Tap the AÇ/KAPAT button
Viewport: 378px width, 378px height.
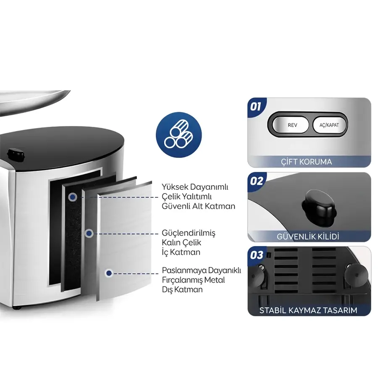click(329, 125)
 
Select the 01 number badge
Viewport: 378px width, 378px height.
click(255, 106)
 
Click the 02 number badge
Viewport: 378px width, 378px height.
click(256, 181)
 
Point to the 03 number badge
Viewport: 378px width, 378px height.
click(256, 255)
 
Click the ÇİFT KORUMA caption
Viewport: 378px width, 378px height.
click(307, 162)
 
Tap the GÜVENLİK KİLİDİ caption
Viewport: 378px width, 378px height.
click(308, 236)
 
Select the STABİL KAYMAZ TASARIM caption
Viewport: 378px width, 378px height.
click(308, 310)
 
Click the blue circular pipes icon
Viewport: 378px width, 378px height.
click(178, 135)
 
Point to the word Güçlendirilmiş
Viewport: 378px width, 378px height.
click(189, 233)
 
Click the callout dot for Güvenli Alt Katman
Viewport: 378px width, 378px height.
click(73, 197)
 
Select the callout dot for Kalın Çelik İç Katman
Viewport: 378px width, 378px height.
click(89, 234)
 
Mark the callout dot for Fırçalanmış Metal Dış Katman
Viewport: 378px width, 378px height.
click(109, 273)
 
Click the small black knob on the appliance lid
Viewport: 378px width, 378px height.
click(16, 155)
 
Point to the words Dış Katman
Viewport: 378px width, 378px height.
click(182, 289)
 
